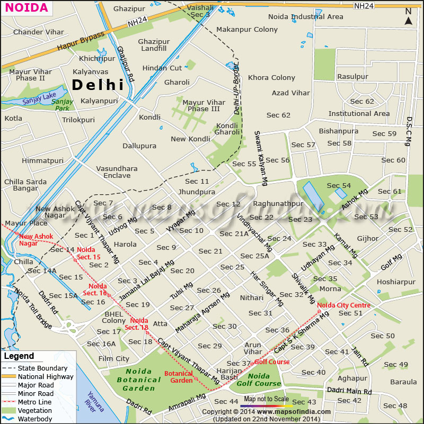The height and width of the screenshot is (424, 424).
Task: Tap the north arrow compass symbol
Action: [408, 17]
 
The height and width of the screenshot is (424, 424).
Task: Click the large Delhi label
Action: [98, 85]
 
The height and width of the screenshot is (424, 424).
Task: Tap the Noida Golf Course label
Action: [259, 380]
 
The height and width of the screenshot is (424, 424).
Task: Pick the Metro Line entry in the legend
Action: [35, 402]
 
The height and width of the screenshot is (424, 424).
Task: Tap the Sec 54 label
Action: [339, 185]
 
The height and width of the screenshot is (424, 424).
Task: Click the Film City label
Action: [114, 358]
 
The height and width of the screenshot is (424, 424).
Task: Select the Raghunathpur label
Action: [278, 203]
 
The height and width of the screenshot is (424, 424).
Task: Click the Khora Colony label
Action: [271, 77]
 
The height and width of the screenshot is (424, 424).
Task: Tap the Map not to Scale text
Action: [266, 399]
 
